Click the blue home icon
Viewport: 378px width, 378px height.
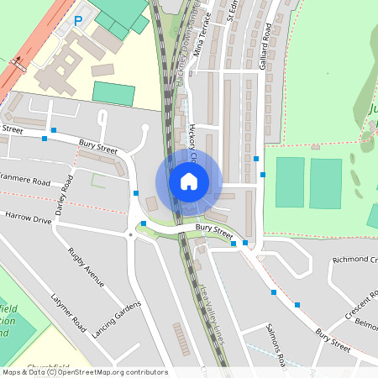pos(189,181)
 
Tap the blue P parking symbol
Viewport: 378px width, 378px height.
pos(78,20)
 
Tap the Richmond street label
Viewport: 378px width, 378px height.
pos(354,260)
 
